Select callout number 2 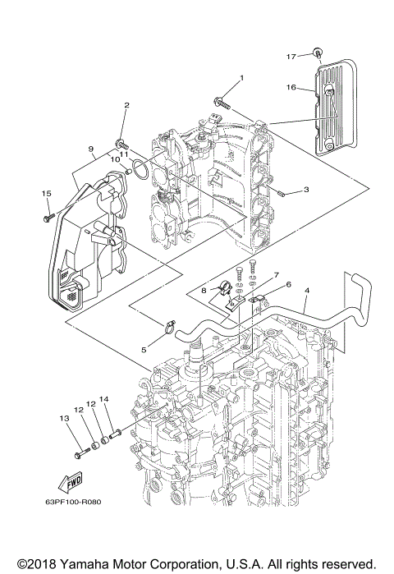(126, 106)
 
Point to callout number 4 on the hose (306, 290)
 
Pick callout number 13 (65, 419)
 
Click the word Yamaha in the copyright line (84, 561)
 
